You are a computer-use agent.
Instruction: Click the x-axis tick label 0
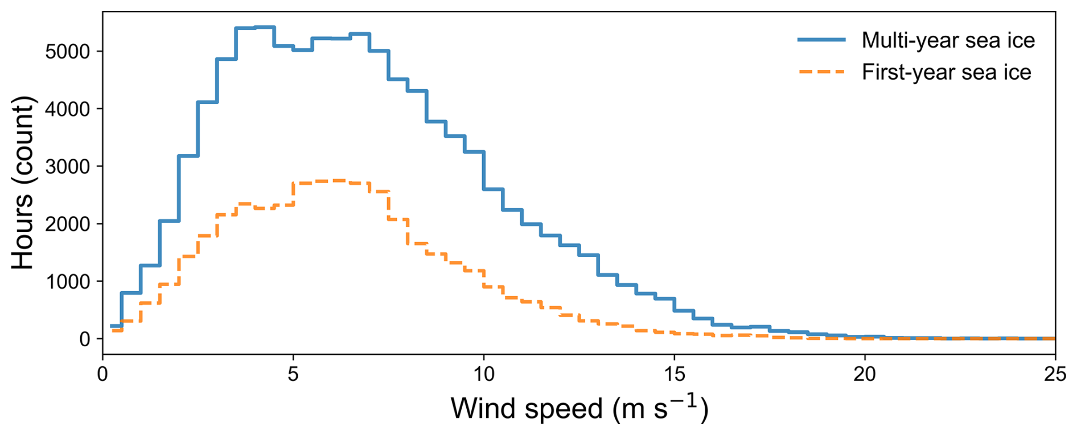[x=103, y=375]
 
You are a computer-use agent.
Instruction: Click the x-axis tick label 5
[x=293, y=375]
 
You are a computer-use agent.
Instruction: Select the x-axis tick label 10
[x=484, y=375]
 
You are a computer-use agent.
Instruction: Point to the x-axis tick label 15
[x=675, y=375]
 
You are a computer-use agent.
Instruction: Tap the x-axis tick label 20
[x=865, y=375]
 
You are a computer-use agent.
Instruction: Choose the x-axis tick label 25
[x=1055, y=375]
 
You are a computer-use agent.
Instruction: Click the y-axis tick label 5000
[x=68, y=52]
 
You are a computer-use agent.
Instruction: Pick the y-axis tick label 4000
[x=68, y=109]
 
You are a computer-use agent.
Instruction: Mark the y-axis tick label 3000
[x=68, y=167]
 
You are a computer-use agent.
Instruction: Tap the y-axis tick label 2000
[x=68, y=224]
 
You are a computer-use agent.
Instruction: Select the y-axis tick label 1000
[x=68, y=281]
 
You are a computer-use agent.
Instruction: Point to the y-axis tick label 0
[x=85, y=339]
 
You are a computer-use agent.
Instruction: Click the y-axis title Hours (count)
[x=23, y=183]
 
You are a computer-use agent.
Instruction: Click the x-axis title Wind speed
[x=527, y=408]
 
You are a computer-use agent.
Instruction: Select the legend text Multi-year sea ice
[x=948, y=40]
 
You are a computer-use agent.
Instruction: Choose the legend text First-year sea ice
[x=947, y=72]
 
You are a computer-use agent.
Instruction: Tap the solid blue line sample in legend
[x=821, y=40]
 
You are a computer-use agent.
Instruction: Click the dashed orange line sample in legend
[x=821, y=72]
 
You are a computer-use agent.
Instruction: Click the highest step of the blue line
[x=265, y=27]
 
